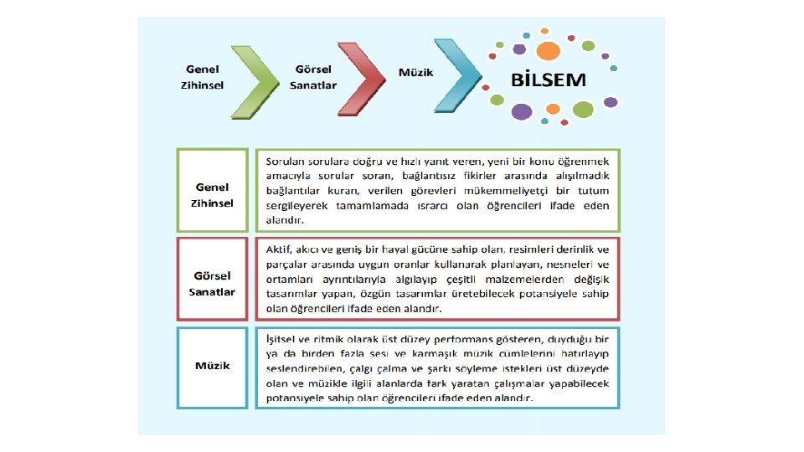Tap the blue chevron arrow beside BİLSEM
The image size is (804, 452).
(459, 76)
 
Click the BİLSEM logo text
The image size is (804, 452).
(549, 81)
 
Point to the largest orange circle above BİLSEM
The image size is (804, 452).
(548, 50)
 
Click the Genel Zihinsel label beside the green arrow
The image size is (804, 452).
(204, 77)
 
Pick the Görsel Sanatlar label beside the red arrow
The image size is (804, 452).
(313, 77)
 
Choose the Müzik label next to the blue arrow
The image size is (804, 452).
(416, 73)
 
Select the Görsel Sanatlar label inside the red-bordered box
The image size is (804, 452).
(214, 284)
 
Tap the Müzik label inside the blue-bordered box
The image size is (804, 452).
(213, 366)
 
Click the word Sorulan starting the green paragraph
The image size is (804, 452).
(283, 160)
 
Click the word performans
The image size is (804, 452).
(451, 340)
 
